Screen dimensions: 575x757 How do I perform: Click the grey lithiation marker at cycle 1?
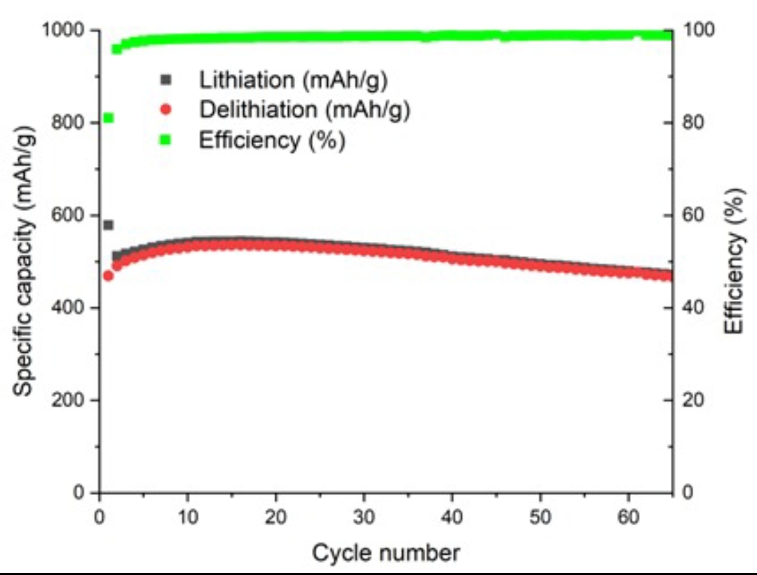[x=108, y=225]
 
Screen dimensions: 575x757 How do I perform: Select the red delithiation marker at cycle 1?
[x=108, y=276]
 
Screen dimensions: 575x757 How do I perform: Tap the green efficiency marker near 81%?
[x=108, y=118]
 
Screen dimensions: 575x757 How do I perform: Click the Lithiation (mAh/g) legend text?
[x=294, y=79]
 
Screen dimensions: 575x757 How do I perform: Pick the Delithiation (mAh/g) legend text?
[x=304, y=110]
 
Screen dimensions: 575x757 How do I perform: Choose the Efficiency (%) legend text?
[x=272, y=140]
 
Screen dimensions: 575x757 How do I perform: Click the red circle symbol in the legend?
[x=166, y=110]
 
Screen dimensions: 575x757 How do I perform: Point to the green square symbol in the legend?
[x=166, y=140]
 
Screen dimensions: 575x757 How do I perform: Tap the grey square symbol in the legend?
[x=166, y=79]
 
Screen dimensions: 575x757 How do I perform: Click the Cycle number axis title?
[x=386, y=553]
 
